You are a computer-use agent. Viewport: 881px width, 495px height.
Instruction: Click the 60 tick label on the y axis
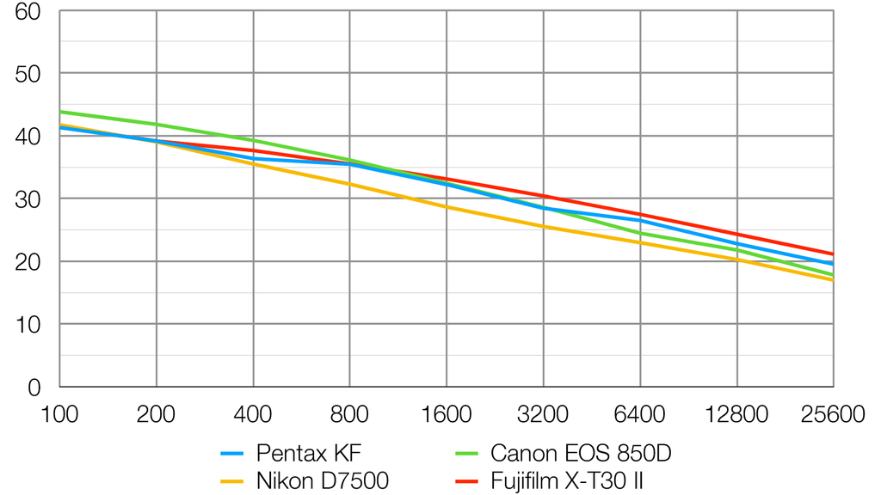click(x=29, y=12)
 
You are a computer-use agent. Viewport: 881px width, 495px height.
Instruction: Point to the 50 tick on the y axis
click(x=29, y=74)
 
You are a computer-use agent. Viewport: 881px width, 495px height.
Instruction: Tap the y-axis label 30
click(x=29, y=199)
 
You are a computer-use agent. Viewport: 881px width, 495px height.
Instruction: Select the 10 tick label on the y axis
click(x=29, y=325)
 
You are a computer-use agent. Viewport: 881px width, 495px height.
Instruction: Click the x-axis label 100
click(x=59, y=415)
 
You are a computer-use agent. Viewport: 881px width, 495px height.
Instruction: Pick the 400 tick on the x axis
click(x=253, y=415)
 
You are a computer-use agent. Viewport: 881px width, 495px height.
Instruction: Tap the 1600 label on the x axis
click(x=447, y=415)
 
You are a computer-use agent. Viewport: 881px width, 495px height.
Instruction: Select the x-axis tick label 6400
click(x=640, y=415)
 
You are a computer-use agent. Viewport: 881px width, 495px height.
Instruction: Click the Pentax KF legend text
click(x=309, y=453)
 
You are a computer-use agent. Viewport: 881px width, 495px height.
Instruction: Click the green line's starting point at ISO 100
click(x=60, y=112)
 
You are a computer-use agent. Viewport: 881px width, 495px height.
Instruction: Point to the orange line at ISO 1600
click(x=447, y=207)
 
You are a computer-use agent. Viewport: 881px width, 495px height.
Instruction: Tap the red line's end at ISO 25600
click(x=833, y=254)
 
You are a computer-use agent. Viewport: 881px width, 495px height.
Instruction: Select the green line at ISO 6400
click(x=640, y=233)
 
